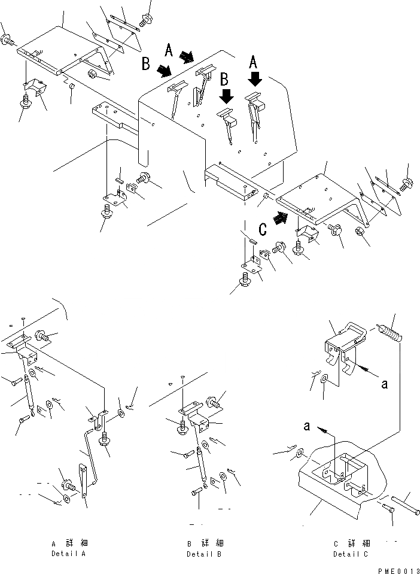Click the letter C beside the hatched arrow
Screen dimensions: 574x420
pyautogui.click(x=262, y=228)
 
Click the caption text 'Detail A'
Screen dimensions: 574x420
pyautogui.click(x=69, y=554)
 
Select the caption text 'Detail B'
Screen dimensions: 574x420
pyautogui.click(x=203, y=554)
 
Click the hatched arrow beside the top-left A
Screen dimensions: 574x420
pyautogui.click(x=187, y=57)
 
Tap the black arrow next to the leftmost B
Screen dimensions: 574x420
pyautogui.click(x=163, y=72)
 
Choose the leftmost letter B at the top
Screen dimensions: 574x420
pyautogui.click(x=146, y=64)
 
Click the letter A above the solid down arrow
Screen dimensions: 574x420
pyautogui.click(x=254, y=61)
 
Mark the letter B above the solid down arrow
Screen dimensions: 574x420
pyautogui.click(x=225, y=78)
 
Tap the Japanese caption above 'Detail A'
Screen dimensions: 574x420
pyautogui.click(x=69, y=543)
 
